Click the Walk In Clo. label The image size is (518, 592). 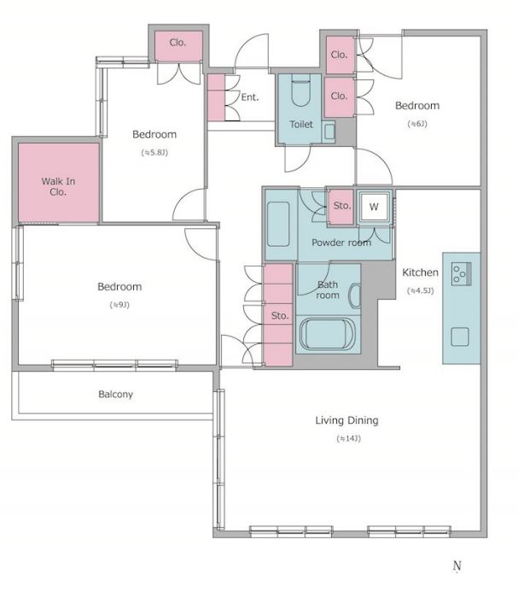58,186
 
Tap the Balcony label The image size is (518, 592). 115,395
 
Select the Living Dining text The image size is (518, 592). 346,420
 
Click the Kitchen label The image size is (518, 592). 420,273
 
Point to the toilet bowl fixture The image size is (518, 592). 300,91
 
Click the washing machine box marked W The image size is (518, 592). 374,207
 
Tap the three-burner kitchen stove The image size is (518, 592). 461,273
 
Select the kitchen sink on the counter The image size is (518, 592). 460,337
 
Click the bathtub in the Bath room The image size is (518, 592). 328,335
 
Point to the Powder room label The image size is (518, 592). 341,243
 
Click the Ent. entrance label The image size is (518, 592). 250,97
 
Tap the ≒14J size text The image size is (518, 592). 348,439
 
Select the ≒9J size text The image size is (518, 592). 119,305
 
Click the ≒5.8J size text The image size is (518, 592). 154,153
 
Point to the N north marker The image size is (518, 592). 457,566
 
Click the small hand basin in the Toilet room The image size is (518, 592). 329,132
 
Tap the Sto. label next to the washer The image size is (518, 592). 342,206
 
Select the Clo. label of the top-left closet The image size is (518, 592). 178,43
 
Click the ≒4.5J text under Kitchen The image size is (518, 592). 420,290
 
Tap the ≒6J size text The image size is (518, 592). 417,124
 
